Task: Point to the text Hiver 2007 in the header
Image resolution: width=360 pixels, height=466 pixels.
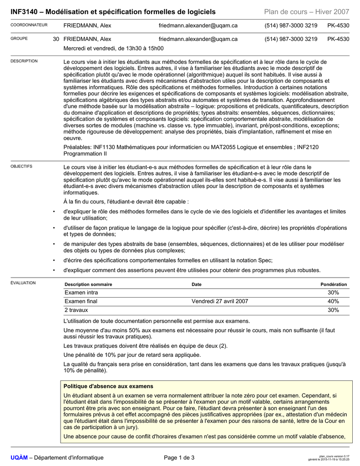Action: point(330,12)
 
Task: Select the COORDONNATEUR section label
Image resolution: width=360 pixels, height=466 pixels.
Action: point(29,25)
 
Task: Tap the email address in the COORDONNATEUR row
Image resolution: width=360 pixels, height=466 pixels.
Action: point(198,25)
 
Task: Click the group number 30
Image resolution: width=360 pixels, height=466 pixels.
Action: point(56,39)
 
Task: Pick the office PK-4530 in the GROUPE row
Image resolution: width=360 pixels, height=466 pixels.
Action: point(338,39)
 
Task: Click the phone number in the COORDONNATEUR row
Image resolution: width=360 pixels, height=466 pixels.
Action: point(291,25)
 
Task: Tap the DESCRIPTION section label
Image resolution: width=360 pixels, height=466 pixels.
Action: point(24,61)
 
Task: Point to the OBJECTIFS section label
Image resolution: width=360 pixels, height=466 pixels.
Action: point(21,167)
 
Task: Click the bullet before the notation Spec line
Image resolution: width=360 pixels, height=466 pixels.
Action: point(54,260)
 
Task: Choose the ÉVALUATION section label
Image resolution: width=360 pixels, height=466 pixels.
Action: point(23,283)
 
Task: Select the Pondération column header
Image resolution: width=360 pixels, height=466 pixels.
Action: point(334,284)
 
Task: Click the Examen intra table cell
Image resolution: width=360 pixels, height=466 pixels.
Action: point(81,293)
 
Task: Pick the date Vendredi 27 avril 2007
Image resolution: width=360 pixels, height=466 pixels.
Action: point(220,301)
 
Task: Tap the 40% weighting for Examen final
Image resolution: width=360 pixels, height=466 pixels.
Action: point(333,301)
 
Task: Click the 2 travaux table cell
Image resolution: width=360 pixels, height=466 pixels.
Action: point(76,310)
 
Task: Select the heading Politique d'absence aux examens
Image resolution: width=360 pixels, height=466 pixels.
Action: point(108,386)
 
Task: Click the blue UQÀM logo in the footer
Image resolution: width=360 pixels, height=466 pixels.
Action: point(19,457)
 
